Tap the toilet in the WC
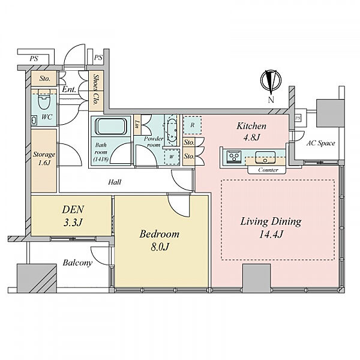44,99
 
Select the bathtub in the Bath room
111,126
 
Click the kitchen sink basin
265,157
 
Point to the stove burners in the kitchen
234,157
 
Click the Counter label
268,170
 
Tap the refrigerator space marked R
193,125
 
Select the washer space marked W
172,157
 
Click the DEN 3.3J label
73,216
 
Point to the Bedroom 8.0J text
160,240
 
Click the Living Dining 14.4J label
271,228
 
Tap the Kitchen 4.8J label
251,131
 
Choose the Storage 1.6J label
44,158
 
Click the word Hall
115,182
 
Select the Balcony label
77,263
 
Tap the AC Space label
321,143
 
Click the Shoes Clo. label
96,91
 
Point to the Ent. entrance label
69,89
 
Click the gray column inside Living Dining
257,278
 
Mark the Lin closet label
137,124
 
